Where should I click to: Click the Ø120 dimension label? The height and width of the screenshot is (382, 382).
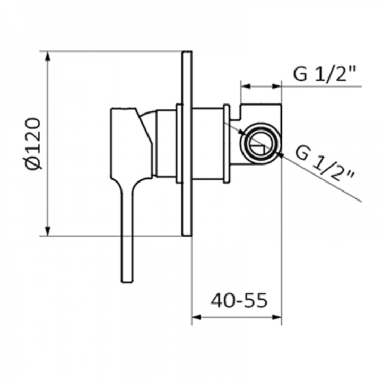tap(33, 144)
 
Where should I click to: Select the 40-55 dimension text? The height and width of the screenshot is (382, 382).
tap(239, 300)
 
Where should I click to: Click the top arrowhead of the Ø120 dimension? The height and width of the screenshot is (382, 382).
tap(48, 56)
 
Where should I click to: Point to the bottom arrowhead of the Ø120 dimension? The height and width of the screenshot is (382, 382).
tap(48, 231)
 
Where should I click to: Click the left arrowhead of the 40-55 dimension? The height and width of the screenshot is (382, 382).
tap(196, 317)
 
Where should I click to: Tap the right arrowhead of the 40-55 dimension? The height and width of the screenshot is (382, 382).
tap(277, 317)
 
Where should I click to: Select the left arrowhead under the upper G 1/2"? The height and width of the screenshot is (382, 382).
tap(246, 86)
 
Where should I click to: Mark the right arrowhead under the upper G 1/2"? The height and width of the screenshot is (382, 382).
tap(277, 86)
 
